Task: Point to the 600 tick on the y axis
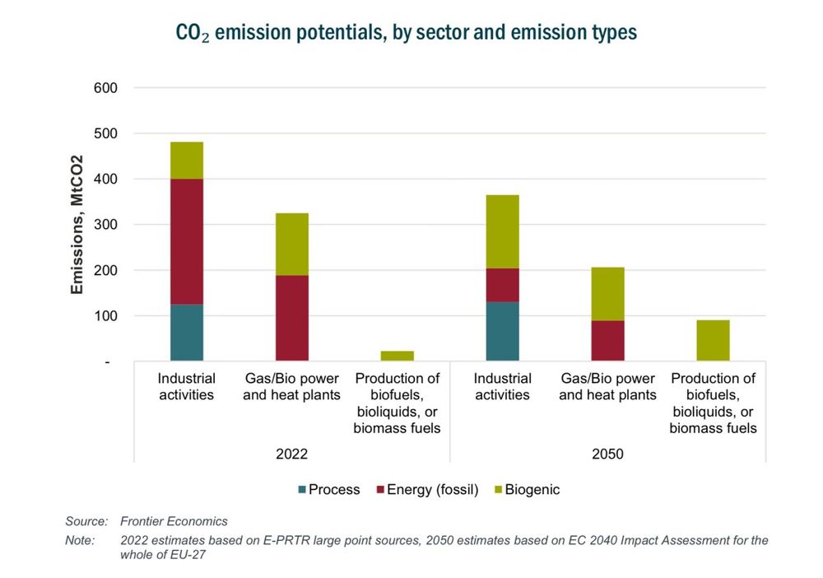(107, 88)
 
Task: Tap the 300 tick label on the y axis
(107, 225)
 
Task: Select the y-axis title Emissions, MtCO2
(77, 224)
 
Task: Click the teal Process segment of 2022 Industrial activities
(187, 333)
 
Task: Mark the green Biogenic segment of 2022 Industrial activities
(187, 160)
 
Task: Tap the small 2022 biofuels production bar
(398, 356)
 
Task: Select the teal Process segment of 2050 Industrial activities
(503, 331)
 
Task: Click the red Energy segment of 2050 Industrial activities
(503, 285)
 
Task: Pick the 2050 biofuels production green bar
(714, 340)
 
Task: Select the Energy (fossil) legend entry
(426, 490)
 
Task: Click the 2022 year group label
(292, 453)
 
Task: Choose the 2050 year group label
(608, 453)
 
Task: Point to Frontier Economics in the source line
(174, 521)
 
